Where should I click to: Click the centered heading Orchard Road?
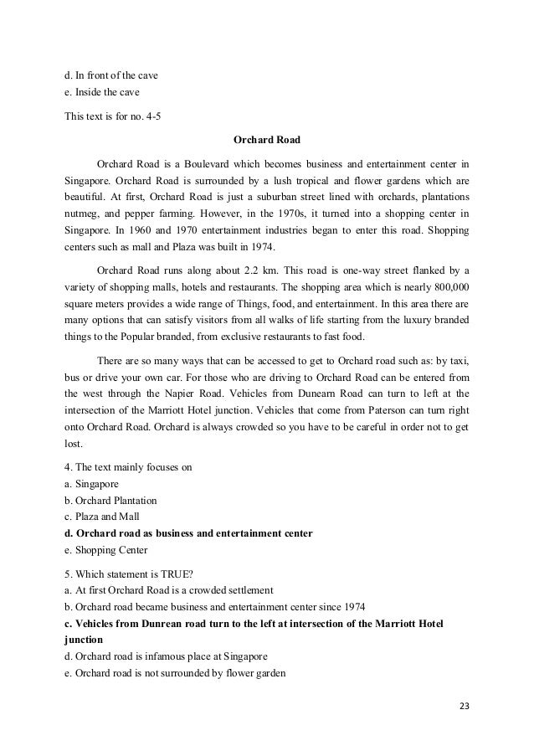266,139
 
